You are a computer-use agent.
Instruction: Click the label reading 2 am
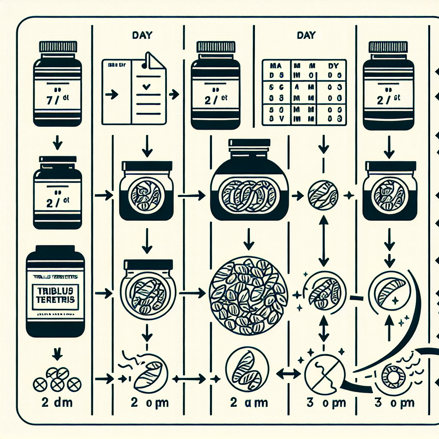click(x=249, y=403)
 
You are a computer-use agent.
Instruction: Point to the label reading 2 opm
click(x=149, y=403)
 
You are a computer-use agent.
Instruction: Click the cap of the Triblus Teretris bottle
click(x=55, y=251)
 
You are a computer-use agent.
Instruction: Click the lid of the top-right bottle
click(x=388, y=46)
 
